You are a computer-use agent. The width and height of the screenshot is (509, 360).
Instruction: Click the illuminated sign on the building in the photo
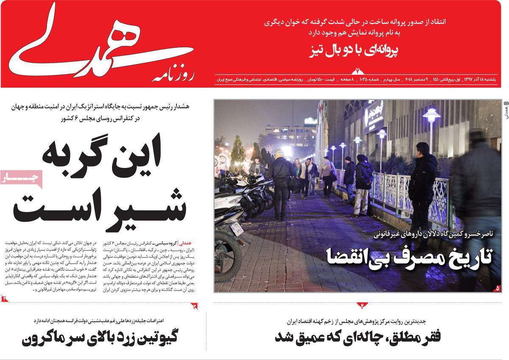374,114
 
